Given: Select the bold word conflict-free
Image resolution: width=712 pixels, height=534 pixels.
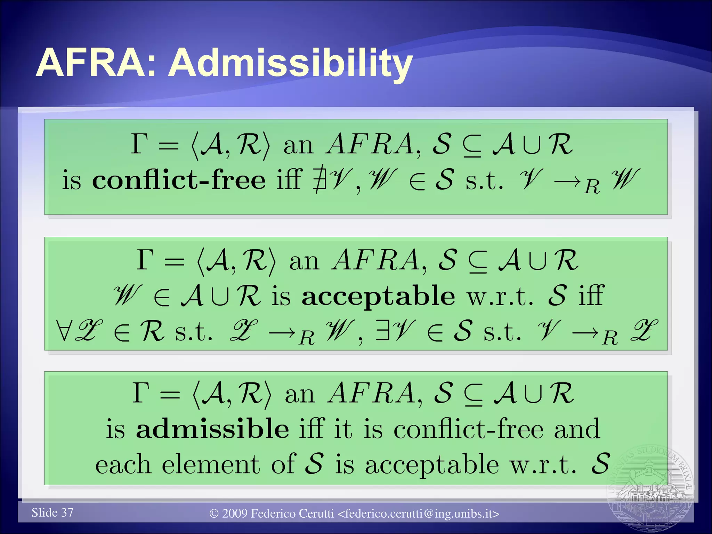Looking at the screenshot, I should [179, 180].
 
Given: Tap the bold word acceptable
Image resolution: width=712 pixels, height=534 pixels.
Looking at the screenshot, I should [378, 296].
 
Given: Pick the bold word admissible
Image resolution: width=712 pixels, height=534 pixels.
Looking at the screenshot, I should [212, 429].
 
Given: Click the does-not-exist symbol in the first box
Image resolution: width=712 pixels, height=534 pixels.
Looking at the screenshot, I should [319, 180].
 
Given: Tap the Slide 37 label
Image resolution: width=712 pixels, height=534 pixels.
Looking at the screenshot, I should [52, 512].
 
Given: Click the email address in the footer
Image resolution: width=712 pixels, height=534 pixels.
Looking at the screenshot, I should [419, 513].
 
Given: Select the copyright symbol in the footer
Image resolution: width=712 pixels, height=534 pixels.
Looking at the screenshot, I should [214, 514].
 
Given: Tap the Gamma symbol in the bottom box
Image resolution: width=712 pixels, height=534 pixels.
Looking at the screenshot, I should [140, 393].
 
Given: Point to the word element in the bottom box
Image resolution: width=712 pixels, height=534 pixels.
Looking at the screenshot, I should [211, 464].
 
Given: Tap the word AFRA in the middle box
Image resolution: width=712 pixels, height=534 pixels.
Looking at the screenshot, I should [375, 260].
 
